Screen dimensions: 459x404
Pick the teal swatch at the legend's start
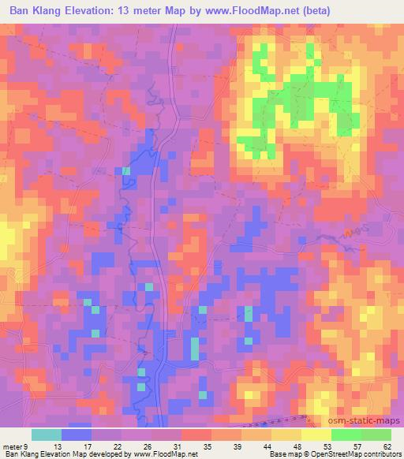click(x=46, y=435)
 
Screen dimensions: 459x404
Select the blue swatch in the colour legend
click(x=76, y=435)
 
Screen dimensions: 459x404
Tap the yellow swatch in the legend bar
click(x=316, y=435)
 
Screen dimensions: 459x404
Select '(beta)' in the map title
click(x=315, y=10)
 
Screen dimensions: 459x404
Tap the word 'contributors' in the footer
click(x=382, y=455)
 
